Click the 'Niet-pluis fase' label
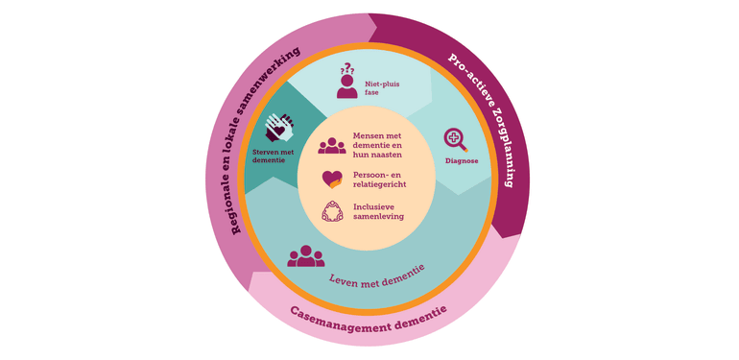tap(381, 90)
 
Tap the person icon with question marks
tap(347, 84)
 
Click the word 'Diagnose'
tap(462, 161)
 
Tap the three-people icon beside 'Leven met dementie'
tap(306, 256)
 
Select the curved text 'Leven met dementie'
tap(376, 274)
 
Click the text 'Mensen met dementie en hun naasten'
tap(377, 145)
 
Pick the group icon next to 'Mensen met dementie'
tap(332, 145)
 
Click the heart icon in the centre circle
tap(332, 179)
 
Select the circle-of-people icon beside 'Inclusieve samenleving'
tap(332, 212)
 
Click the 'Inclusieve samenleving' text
tap(378, 212)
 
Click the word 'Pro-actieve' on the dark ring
tap(467, 73)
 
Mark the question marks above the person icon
tap(347, 69)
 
